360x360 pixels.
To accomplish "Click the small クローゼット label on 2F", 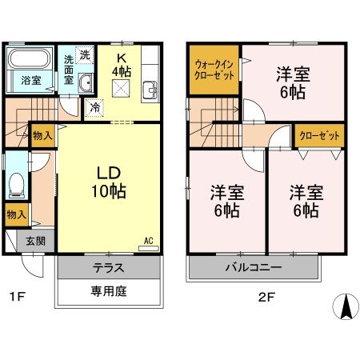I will [x=318, y=136].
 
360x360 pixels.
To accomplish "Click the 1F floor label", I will [x=18, y=298].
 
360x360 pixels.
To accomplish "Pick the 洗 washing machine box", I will [x=85, y=54].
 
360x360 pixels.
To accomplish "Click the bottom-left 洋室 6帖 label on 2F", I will [x=227, y=201].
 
